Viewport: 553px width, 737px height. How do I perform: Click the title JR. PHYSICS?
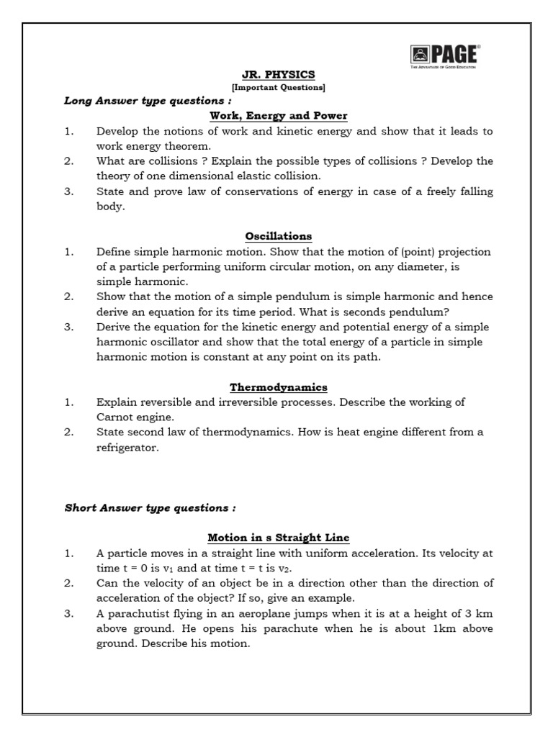tap(278, 74)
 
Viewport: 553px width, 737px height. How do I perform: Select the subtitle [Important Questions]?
tap(278, 88)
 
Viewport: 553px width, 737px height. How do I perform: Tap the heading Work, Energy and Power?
tap(278, 115)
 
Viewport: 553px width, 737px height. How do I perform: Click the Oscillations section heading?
tap(278, 236)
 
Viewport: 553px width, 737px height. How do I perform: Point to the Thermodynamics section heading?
tap(278, 387)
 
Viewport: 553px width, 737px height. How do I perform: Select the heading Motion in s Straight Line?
tap(278, 538)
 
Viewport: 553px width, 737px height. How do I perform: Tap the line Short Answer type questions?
tap(150, 508)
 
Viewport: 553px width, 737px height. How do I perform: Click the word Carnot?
tap(116, 417)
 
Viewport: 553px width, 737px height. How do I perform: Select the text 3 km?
tap(477, 614)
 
